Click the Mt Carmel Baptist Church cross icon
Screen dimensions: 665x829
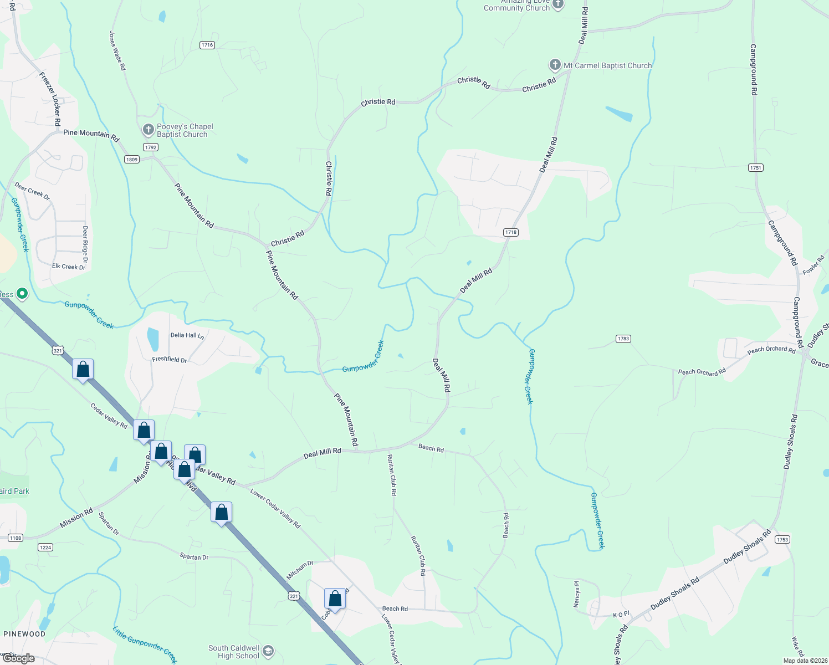coord(555,65)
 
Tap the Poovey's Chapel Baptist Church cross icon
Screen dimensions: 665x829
coord(148,130)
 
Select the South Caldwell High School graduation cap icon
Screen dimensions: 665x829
coord(268,651)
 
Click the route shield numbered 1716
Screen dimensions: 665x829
coord(207,45)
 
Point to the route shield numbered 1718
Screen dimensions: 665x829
coord(511,232)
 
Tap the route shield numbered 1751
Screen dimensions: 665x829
coord(755,167)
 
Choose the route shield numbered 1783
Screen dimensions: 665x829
coord(623,339)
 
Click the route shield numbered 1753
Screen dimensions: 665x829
coord(782,539)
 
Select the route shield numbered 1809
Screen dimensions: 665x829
coord(131,160)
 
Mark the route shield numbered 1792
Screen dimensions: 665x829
coord(150,147)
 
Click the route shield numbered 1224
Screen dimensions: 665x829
coord(45,547)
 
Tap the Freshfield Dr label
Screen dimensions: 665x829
coord(170,360)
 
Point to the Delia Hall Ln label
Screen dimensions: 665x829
coord(187,335)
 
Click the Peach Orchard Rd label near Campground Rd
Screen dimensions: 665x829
coord(771,350)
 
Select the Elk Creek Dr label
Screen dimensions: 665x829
coord(69,267)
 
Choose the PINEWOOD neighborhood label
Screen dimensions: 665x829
coord(25,634)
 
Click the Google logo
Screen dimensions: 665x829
coord(19,658)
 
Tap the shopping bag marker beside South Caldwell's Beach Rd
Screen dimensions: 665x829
coord(335,599)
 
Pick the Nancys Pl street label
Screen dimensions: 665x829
coord(577,594)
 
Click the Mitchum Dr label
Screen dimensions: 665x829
coord(300,570)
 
